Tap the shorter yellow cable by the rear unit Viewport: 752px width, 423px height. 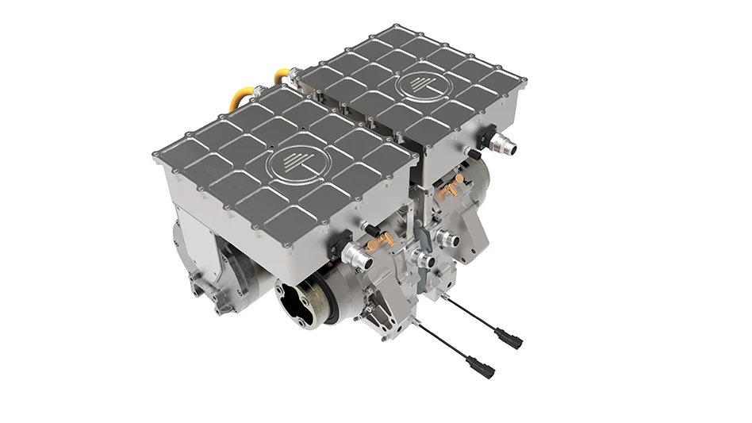(282, 75)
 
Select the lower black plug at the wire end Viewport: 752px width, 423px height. (480, 367)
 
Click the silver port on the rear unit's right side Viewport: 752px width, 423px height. (503, 144)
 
